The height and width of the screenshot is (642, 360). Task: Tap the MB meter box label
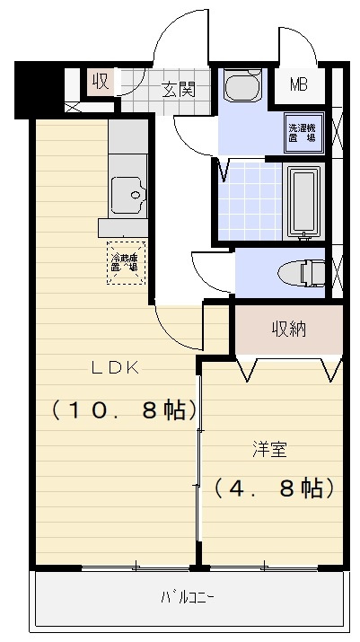click(x=298, y=87)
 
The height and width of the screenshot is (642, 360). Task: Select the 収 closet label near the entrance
click(x=100, y=82)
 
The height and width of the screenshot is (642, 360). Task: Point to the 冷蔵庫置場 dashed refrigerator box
click(x=125, y=262)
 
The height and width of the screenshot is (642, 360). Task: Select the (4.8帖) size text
click(x=274, y=488)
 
